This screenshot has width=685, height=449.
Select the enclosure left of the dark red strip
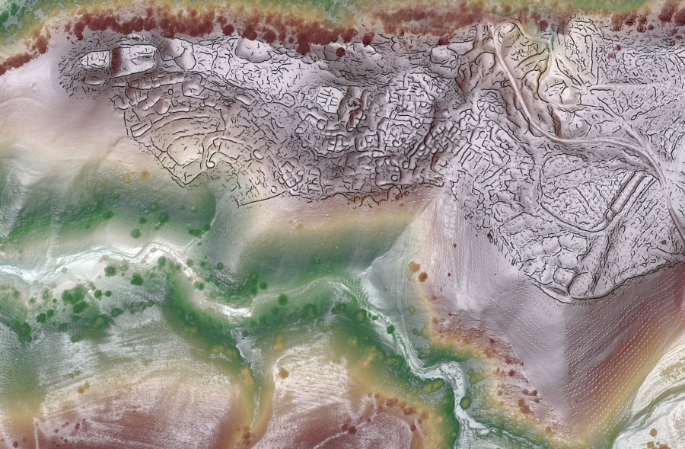point(95,59)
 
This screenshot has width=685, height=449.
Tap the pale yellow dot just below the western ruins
point(145,175)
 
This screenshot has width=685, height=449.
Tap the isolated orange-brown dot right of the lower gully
point(415,268)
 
